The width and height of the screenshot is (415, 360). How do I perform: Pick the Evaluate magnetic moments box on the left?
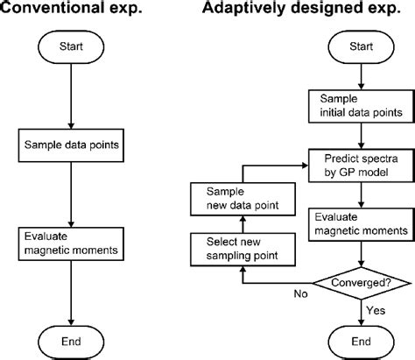tap(69, 243)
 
